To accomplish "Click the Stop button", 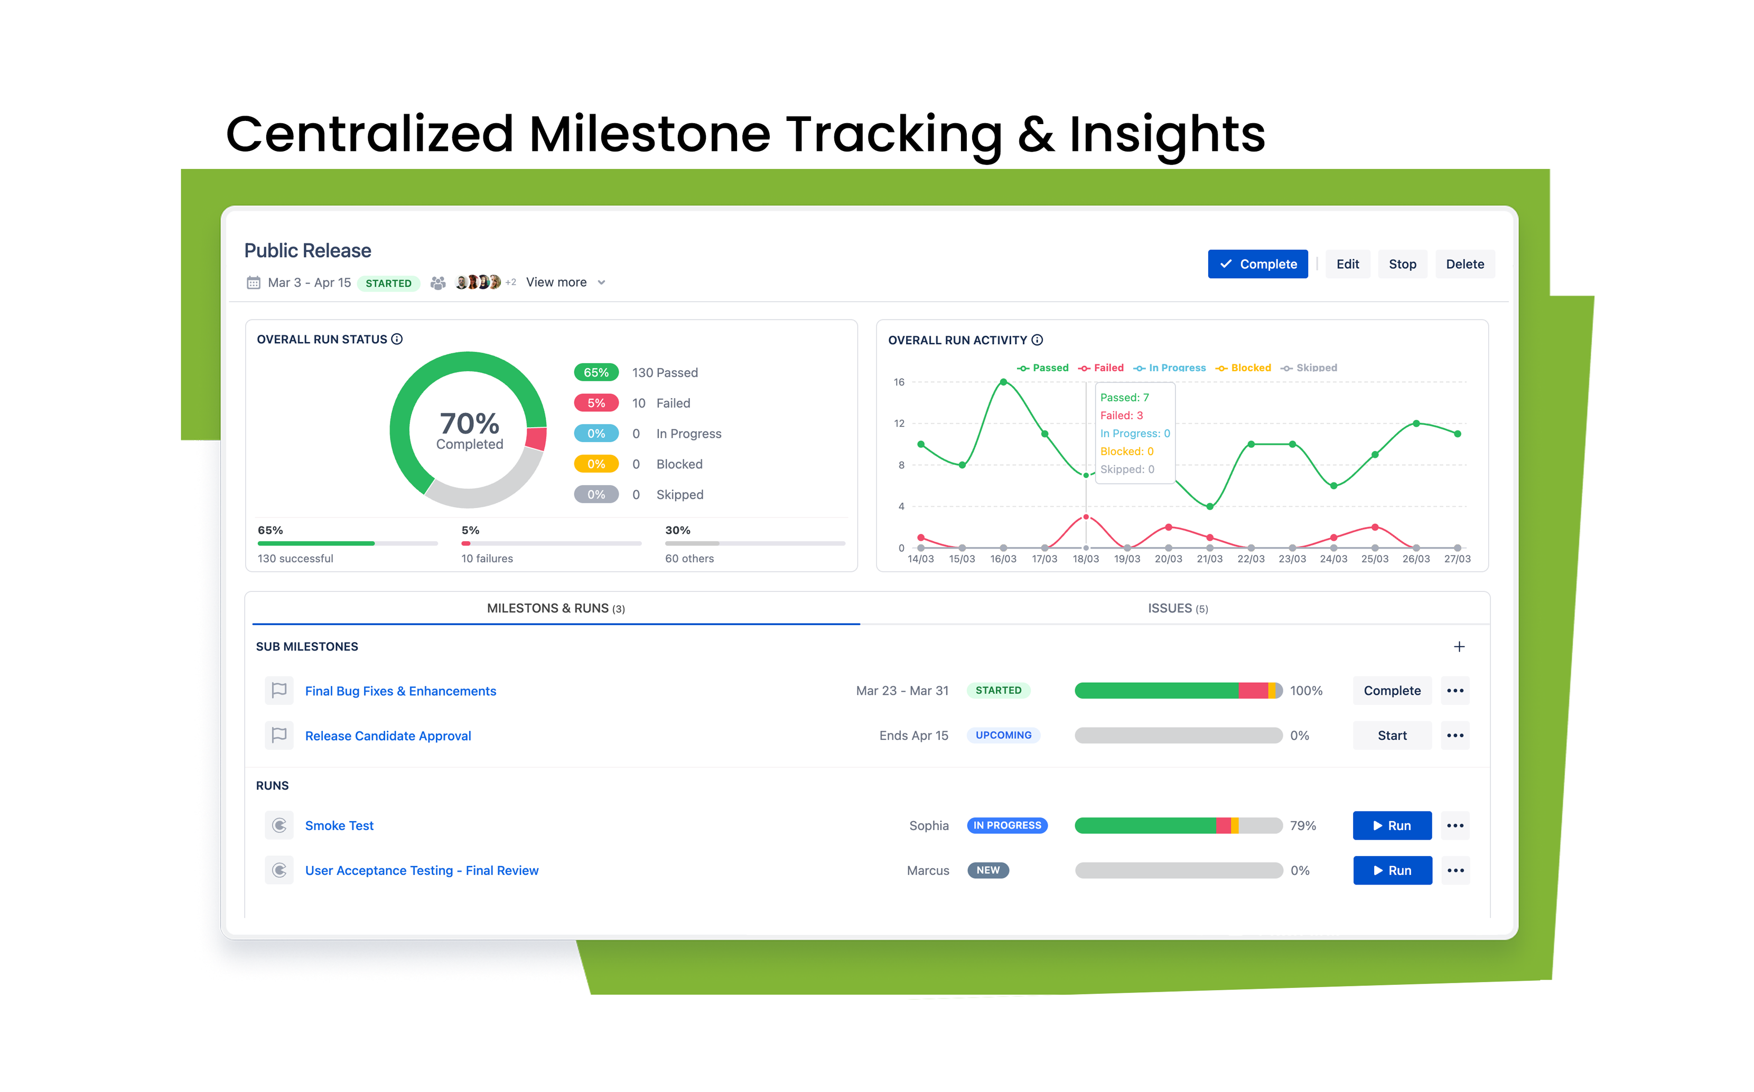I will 1402,265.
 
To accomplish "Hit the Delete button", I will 1464,265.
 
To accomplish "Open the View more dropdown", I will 565,283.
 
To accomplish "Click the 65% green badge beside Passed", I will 596,373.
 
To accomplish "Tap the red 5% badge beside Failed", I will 596,403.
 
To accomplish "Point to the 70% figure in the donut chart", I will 470,423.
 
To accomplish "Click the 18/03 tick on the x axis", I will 1085,559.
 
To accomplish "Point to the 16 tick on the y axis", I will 899,382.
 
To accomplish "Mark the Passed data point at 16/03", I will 1003,382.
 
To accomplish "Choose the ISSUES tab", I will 1178,608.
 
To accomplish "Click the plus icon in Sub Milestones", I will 1459,646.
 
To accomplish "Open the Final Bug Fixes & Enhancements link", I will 400,691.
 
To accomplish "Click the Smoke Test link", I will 339,825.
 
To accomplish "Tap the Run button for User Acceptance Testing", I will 1392,870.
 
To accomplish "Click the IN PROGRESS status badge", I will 1007,825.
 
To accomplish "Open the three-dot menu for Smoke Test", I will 1455,825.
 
